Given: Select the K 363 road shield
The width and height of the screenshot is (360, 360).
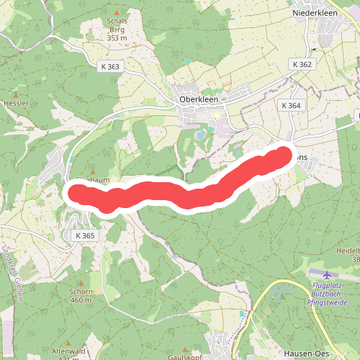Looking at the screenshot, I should coord(110,66).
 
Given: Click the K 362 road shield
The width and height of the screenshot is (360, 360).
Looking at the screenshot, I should coord(302,64).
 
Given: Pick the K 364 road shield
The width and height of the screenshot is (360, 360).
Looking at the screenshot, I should coord(291,105).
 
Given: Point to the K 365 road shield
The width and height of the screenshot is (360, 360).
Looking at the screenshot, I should coord(84,235).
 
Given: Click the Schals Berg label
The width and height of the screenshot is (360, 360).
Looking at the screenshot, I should coord(117,30).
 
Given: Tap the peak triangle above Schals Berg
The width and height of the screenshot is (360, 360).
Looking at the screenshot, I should coord(117,13).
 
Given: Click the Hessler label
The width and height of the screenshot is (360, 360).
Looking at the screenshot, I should coord(16,104).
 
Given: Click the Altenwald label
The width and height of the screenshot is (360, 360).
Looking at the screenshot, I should coord(68,351).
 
